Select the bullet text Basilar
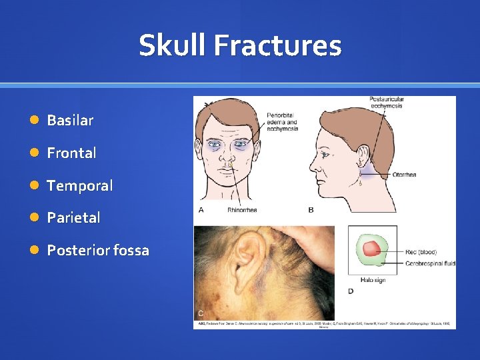pos(70,121)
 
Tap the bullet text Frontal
pos(71,153)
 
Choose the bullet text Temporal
pos(79,185)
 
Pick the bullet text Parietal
pos(73,217)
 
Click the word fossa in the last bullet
pos(131,251)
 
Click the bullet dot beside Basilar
pos(34,121)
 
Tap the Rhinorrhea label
pos(242,209)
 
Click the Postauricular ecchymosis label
pos(387,103)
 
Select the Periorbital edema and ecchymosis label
pos(282,122)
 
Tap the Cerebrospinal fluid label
pos(431,264)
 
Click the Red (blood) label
pos(421,252)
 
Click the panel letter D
pos(351,291)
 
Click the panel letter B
pos(311,210)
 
